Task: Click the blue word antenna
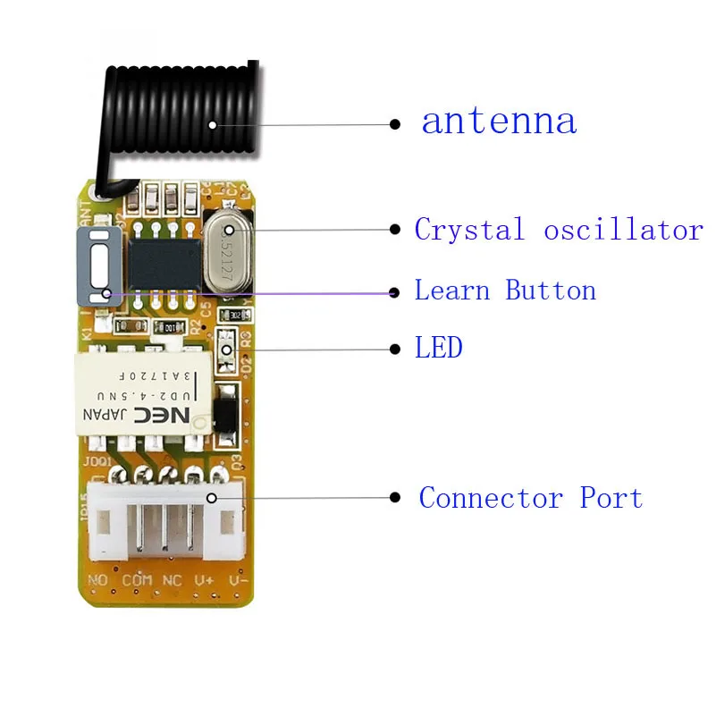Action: [499, 122]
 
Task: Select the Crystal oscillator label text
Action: [559, 230]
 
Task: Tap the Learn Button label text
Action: [505, 291]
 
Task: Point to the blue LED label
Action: [438, 347]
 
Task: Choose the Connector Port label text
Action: [531, 497]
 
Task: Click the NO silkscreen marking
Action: [98, 581]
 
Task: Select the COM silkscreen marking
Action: [136, 581]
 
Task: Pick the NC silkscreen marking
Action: [172, 581]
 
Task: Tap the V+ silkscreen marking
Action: [204, 581]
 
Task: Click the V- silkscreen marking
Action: [235, 581]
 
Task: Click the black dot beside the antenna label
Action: [395, 124]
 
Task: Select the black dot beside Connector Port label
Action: [395, 498]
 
